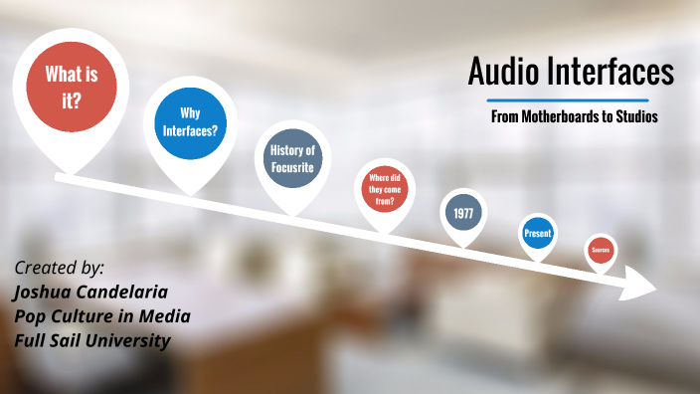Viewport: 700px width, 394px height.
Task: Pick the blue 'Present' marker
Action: point(538,234)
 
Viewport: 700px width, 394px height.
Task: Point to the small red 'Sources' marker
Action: point(600,250)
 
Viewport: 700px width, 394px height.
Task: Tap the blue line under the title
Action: point(568,100)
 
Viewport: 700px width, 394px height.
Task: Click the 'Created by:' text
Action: point(60,268)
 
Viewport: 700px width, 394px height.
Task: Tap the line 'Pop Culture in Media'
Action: point(102,316)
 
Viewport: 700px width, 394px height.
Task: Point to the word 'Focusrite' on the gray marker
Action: point(292,167)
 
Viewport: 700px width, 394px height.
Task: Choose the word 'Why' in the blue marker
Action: point(190,113)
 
